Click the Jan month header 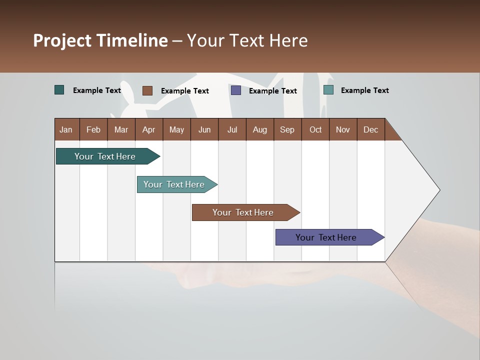(66, 129)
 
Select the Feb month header (93, 129)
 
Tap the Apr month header (148, 129)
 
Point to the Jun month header (204, 129)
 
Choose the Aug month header (259, 129)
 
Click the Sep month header (287, 129)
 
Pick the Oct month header (315, 129)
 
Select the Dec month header (370, 129)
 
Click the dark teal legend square (59, 90)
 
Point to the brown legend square (147, 90)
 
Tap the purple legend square (236, 90)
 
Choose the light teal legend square (328, 90)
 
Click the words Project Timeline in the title (100, 40)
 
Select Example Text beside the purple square (272, 91)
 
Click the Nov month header (343, 129)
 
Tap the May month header (176, 129)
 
